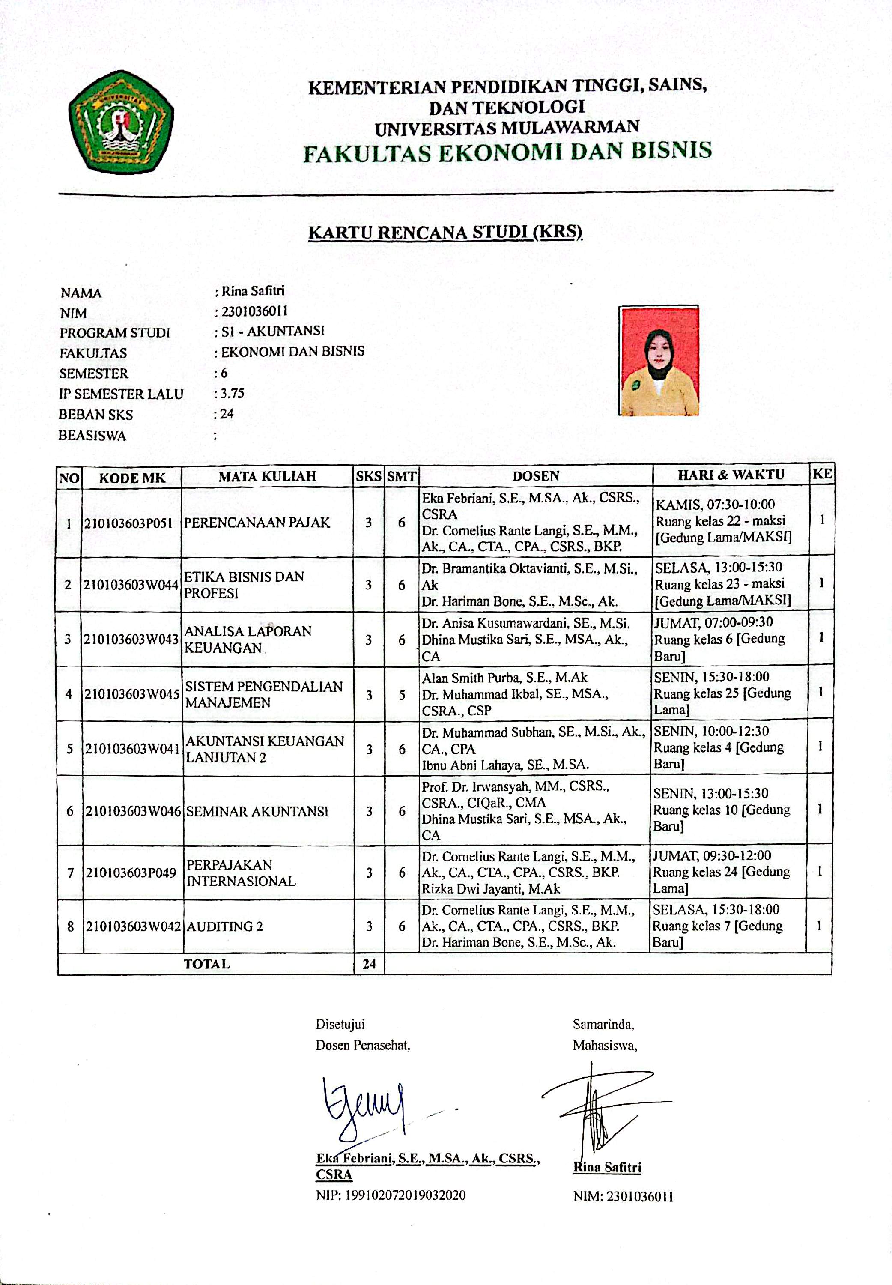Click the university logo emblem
pos(121,121)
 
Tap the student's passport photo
pos(658,361)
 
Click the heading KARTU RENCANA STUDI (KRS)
pos(445,232)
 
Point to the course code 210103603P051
pos(128,523)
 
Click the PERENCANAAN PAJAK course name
pos(257,523)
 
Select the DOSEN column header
pos(536,475)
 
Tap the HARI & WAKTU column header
pos(731,475)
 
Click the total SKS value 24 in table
pos(369,964)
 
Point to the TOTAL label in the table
pos(207,964)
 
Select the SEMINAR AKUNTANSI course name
pos(257,811)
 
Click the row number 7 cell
pos(70,873)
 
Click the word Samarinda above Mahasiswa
pos(603,1025)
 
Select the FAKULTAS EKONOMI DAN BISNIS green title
pos(507,152)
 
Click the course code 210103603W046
pos(133,811)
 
